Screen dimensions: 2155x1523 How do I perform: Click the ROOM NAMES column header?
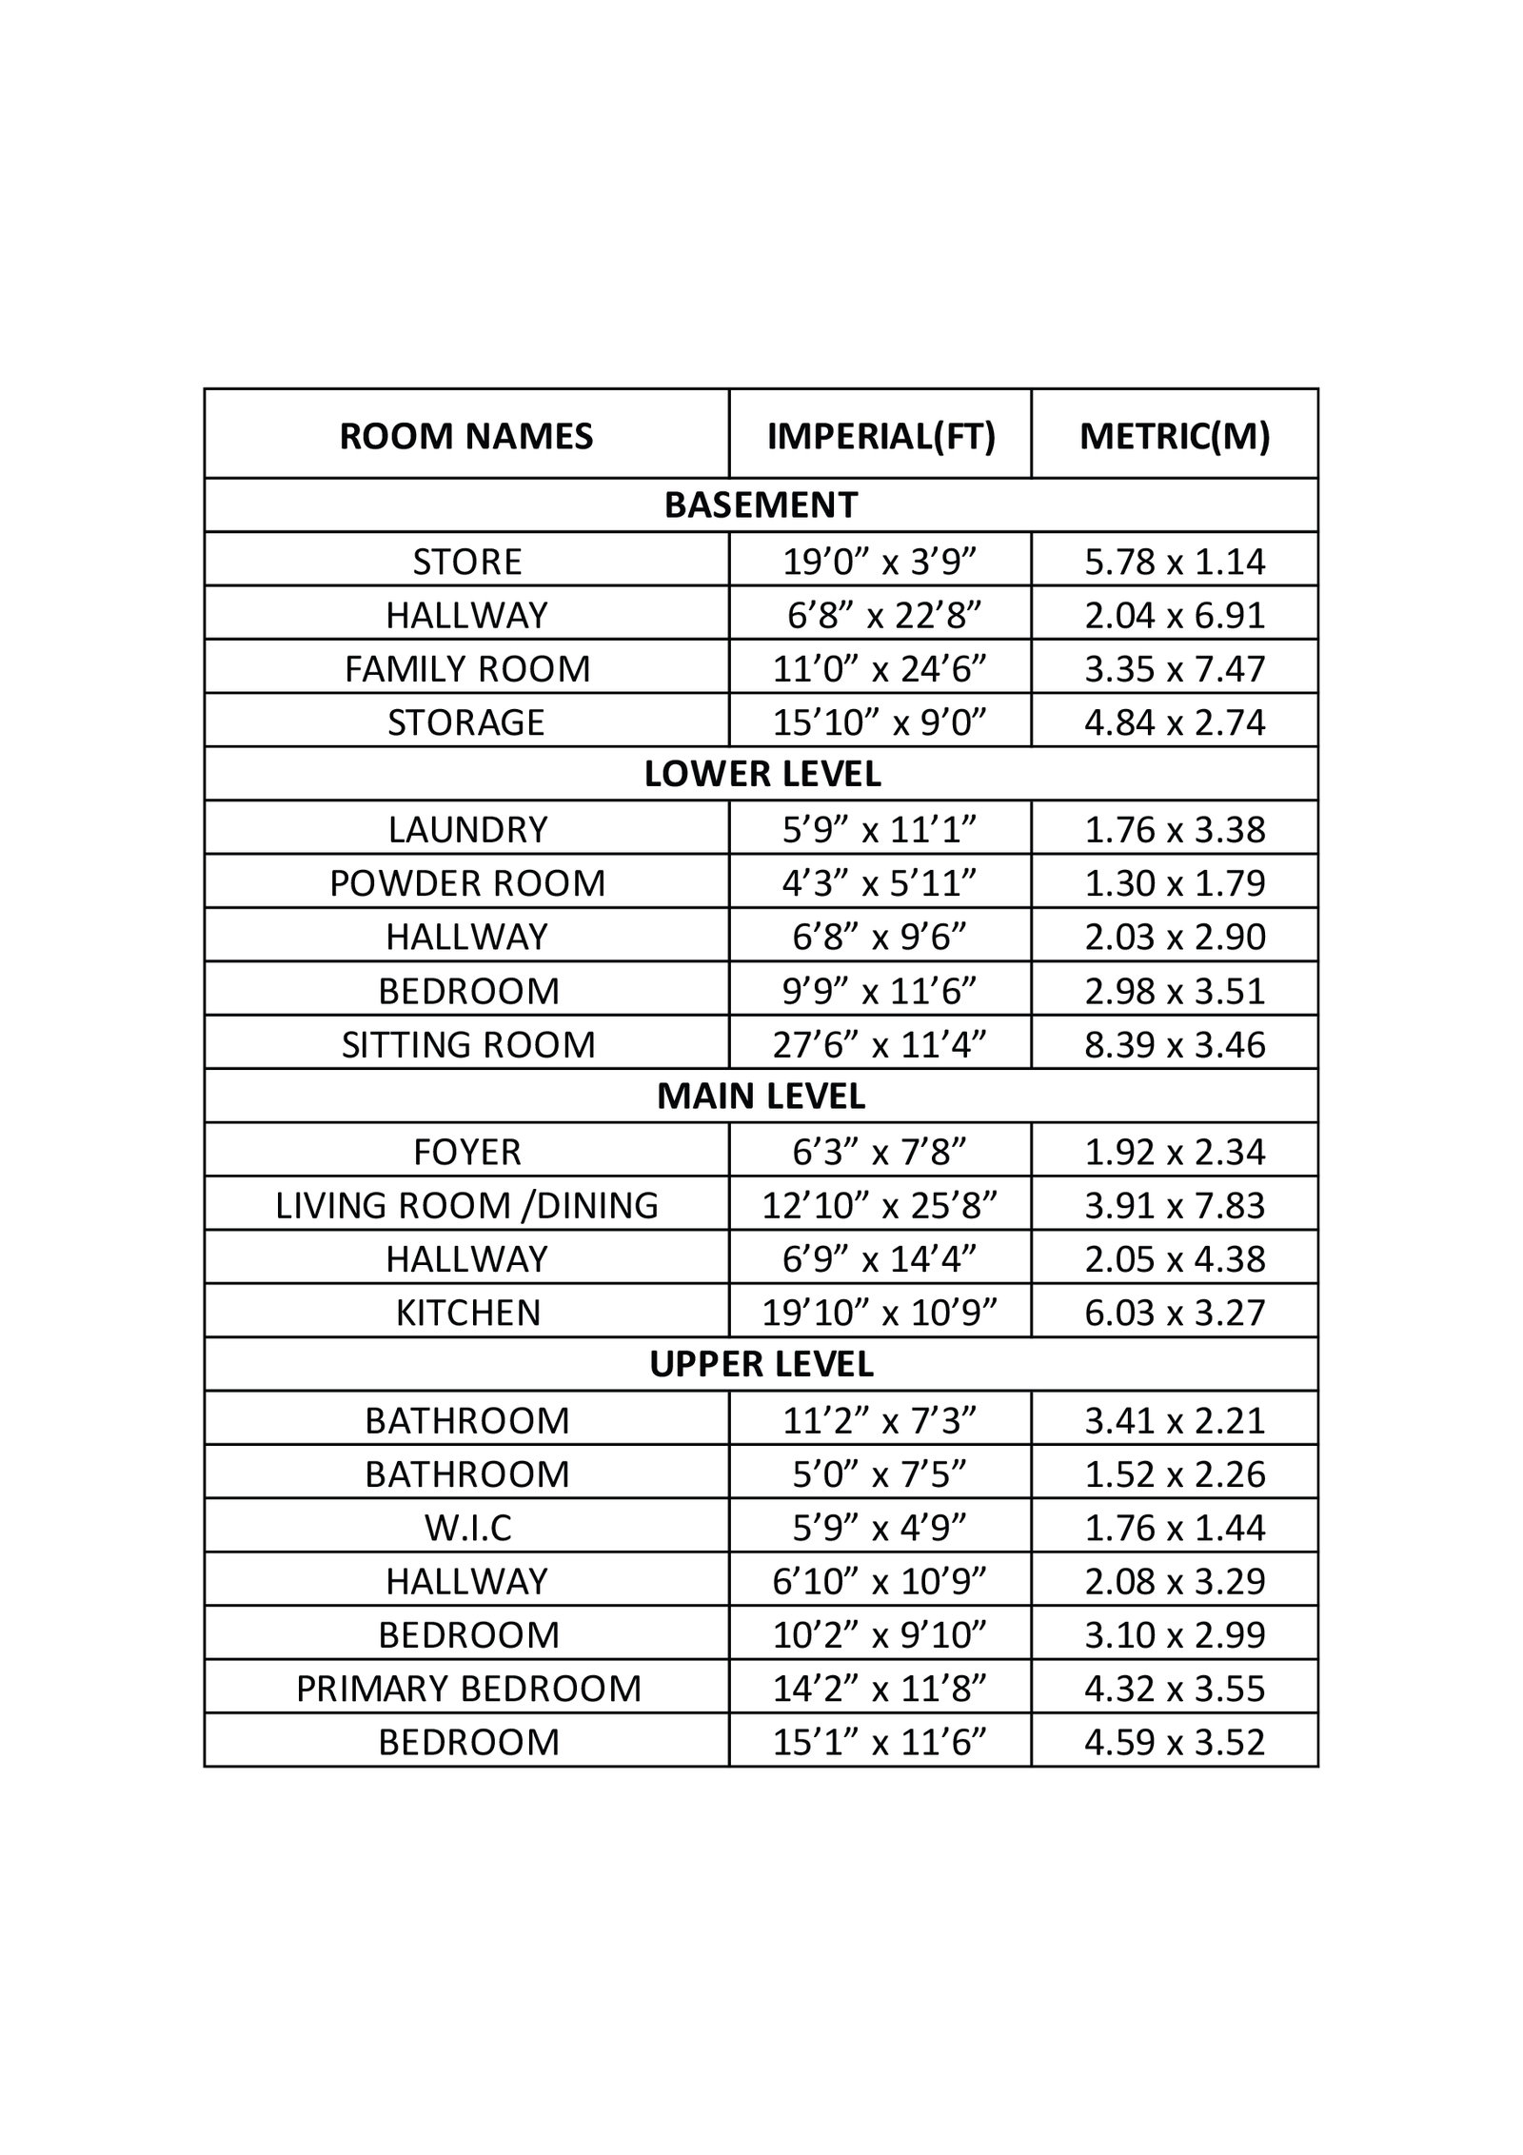pos(466,436)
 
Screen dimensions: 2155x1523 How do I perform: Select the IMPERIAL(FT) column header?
pos(880,436)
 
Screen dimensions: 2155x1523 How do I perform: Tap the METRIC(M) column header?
pos(1175,436)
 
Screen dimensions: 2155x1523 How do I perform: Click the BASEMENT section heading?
pos(761,504)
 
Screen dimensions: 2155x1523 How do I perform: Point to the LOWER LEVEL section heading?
pos(762,774)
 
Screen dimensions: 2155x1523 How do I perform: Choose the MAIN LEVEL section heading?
pos(761,1097)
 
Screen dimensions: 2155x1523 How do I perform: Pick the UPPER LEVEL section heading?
pos(761,1365)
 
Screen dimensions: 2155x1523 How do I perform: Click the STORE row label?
pos(466,562)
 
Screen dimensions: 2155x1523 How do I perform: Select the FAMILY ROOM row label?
pos(466,669)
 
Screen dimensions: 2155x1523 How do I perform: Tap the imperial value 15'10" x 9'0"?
pos(880,722)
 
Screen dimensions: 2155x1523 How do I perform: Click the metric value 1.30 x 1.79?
pos(1175,883)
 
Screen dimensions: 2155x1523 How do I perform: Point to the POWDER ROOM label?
pos(466,883)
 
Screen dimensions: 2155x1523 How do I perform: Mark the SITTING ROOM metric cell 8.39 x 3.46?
pos(1175,1045)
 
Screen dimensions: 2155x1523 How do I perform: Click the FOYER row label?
pos(466,1152)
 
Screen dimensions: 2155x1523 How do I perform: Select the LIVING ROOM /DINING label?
pos(466,1206)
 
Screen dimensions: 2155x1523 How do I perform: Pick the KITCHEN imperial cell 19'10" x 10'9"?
pos(880,1313)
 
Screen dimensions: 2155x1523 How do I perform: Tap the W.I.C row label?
pos(466,1528)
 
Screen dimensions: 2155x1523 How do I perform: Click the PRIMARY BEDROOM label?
pos(468,1689)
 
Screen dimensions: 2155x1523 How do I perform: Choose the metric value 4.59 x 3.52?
pos(1175,1742)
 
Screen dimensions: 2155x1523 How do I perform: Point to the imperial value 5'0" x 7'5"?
pos(880,1474)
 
